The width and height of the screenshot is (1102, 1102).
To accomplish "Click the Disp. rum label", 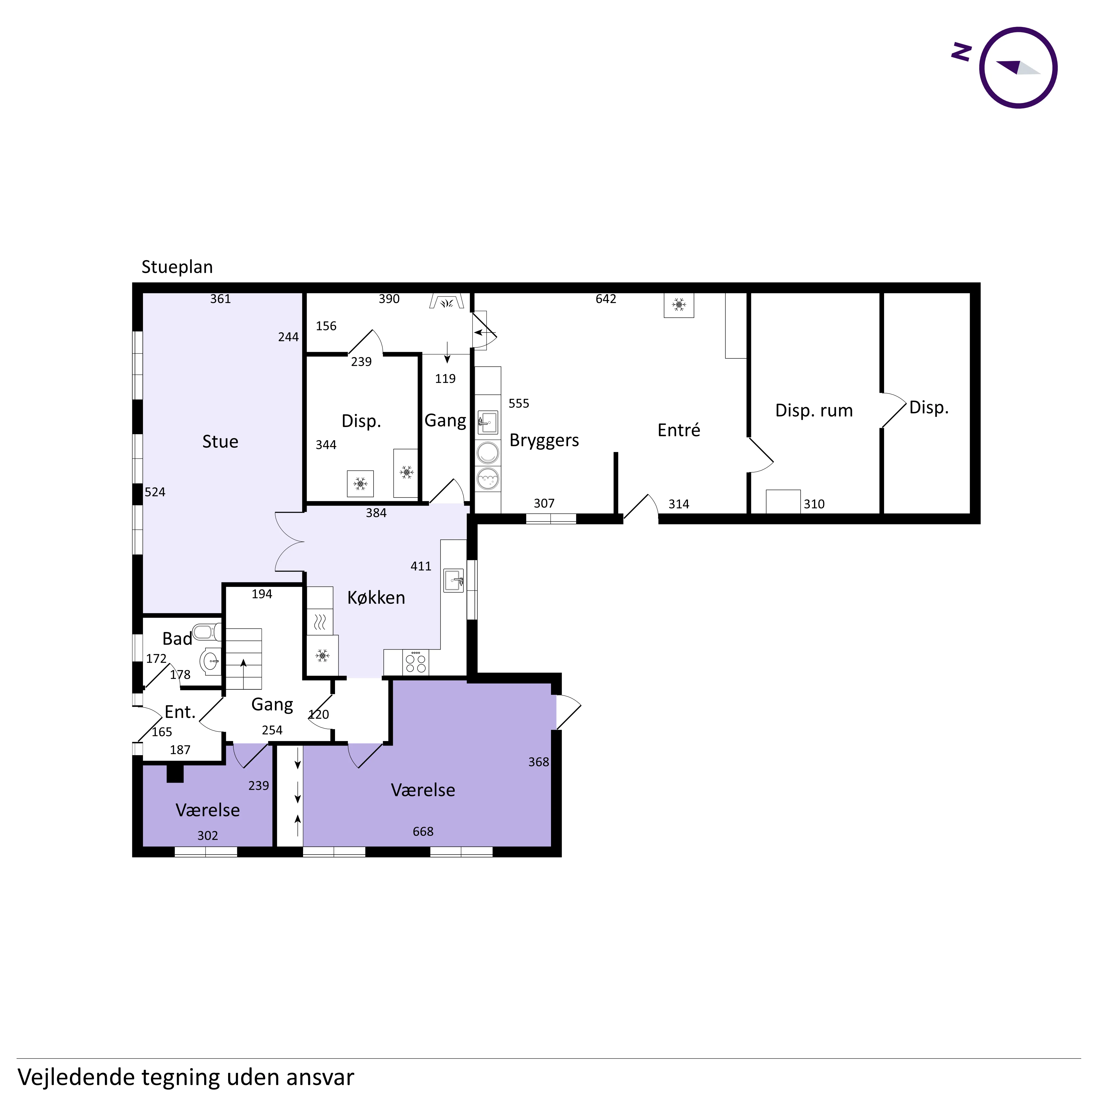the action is point(814,411).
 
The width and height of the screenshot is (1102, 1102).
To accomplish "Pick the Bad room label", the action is point(177,639).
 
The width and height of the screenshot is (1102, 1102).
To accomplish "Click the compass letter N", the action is point(962,52).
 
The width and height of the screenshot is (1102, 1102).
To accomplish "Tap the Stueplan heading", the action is point(177,267).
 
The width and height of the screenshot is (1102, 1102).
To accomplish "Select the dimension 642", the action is point(606,299).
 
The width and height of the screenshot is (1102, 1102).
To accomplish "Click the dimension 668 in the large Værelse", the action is point(423,832).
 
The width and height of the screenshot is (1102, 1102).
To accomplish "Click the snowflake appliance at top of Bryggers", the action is point(679,305).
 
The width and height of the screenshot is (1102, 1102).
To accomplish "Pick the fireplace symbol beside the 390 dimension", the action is point(447,301).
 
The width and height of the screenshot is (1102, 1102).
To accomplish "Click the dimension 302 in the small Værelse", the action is point(208,836).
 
